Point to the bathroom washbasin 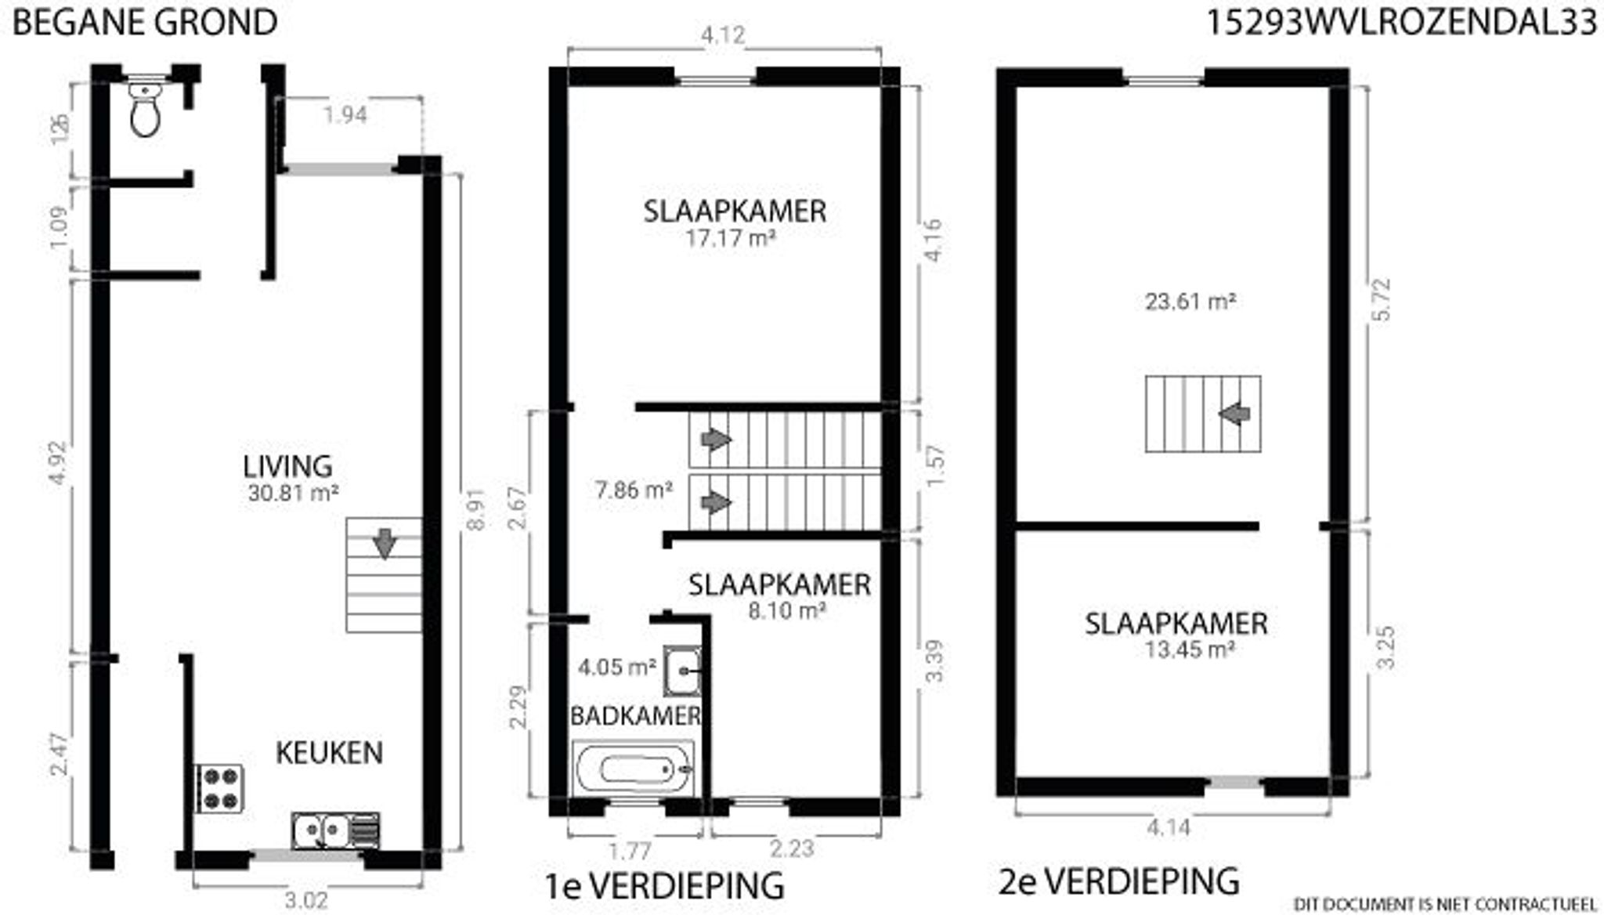tap(682, 671)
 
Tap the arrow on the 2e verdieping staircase tap(1235, 413)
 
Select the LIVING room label tap(287, 466)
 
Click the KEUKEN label tap(329, 753)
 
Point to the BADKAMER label tap(635, 715)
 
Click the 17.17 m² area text tap(730, 238)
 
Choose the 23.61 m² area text tap(1190, 302)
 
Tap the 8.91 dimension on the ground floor tap(475, 510)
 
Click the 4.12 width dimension tap(722, 35)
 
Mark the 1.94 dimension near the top tap(345, 115)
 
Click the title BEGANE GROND tap(145, 22)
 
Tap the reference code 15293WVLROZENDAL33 tap(1400, 22)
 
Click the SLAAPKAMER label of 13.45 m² tap(1176, 624)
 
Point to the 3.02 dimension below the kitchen tap(305, 901)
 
